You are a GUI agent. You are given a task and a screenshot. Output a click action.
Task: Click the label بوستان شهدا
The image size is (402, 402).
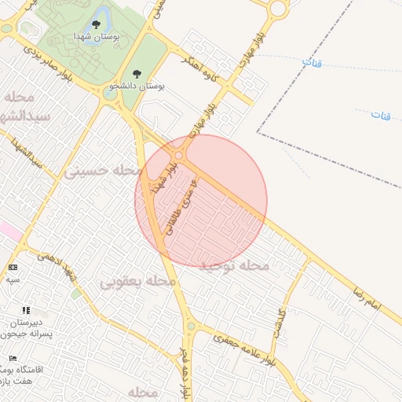pyautogui.click(x=97, y=37)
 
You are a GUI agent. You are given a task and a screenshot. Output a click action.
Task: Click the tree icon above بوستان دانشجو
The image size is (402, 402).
pyautogui.click(x=137, y=74)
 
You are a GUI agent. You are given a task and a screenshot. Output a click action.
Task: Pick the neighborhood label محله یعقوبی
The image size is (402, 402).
pyautogui.click(x=137, y=280)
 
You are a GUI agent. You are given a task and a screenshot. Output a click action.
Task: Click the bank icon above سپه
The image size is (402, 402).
pyautogui.click(x=13, y=268)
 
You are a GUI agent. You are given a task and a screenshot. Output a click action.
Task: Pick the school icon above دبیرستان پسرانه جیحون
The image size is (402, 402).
pyautogui.click(x=26, y=311)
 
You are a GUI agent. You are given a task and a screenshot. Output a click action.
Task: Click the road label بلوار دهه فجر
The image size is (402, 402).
pyautogui.click(x=185, y=373)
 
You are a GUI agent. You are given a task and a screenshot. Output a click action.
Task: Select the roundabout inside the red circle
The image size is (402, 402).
pyautogui.click(x=179, y=155)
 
